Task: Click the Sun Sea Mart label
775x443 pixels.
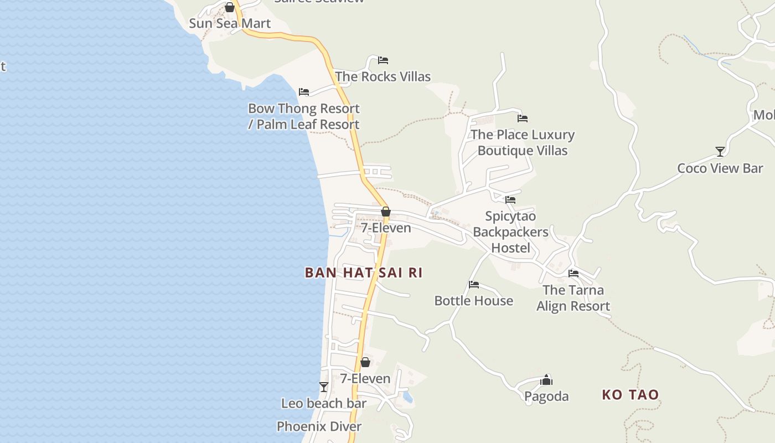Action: point(230,23)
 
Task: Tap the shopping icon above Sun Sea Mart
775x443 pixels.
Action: point(230,7)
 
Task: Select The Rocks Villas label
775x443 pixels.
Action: point(383,76)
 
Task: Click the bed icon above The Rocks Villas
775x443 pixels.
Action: point(383,60)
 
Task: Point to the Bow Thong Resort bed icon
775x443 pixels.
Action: point(304,92)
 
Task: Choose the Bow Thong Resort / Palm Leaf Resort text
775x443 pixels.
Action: point(304,116)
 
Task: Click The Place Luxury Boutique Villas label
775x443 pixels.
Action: point(523,142)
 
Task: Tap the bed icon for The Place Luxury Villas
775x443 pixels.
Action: point(523,119)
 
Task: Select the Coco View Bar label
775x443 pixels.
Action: point(720,168)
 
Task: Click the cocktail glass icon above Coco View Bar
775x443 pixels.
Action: point(720,152)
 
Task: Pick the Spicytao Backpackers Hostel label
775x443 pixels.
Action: point(510,232)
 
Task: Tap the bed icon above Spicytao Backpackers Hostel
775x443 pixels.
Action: point(510,200)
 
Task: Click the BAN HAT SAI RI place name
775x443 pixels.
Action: point(364,272)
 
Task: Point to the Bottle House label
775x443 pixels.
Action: point(473,301)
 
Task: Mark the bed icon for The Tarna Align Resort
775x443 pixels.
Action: point(573,274)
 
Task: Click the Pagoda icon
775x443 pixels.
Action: point(546,380)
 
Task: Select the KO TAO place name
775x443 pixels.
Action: point(631,395)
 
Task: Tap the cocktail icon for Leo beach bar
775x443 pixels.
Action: point(324,387)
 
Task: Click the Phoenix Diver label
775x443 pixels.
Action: point(319,426)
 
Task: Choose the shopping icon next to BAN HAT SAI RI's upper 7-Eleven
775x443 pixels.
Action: point(386,212)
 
